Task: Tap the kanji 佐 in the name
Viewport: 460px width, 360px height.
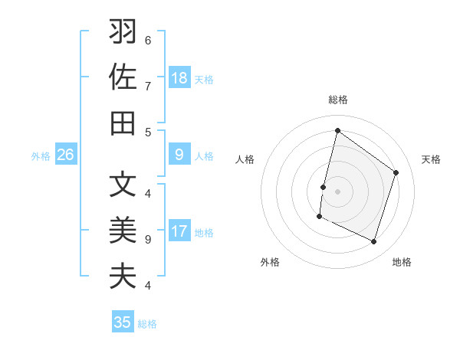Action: (123, 78)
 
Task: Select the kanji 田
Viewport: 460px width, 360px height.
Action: (123, 123)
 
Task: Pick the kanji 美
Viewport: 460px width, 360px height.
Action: (123, 230)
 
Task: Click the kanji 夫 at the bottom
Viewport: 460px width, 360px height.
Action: (123, 275)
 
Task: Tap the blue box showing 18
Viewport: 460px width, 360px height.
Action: (179, 78)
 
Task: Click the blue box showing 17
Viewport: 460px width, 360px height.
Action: (179, 232)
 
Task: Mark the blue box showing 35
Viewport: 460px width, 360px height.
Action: (123, 322)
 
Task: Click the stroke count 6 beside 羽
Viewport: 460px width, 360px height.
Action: (148, 40)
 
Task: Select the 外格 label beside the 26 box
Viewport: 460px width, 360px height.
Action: (41, 156)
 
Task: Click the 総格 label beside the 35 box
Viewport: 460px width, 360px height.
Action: (147, 324)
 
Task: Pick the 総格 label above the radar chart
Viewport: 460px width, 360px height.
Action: (337, 100)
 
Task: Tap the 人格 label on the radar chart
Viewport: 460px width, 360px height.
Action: (245, 159)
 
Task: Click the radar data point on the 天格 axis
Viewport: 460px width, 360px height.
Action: (396, 172)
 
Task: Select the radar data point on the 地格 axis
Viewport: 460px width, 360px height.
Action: (374, 242)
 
